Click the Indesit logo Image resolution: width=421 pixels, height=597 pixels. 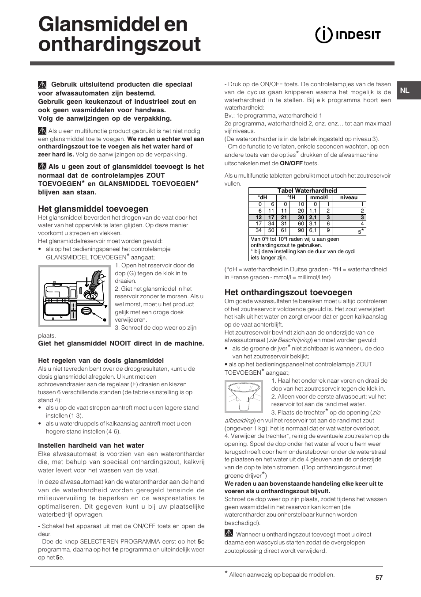(348, 35)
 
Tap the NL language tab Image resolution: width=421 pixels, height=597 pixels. (405, 91)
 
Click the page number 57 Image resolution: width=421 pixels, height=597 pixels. (379, 578)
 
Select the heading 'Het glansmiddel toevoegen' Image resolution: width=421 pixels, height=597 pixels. (93, 209)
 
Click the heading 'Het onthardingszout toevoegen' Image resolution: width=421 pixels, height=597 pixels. (288, 292)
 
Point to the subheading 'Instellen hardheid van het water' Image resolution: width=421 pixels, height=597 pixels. (91, 445)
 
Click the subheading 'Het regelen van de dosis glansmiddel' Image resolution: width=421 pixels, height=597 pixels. (101, 361)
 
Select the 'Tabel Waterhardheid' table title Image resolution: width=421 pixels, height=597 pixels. (307, 191)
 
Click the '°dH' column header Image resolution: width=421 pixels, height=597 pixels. (263, 198)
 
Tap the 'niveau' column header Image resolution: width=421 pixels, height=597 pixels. (349, 198)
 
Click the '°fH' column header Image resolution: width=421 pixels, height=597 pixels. (291, 198)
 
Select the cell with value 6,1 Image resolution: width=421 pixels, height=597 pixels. (313, 230)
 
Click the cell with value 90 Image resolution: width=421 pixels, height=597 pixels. (301, 230)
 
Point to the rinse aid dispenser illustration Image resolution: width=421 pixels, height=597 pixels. (74, 296)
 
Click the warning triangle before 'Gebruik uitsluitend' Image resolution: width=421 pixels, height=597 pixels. (42, 85)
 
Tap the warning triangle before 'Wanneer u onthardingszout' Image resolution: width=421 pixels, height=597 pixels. (229, 534)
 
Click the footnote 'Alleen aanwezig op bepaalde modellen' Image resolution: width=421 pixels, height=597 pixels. (281, 575)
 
